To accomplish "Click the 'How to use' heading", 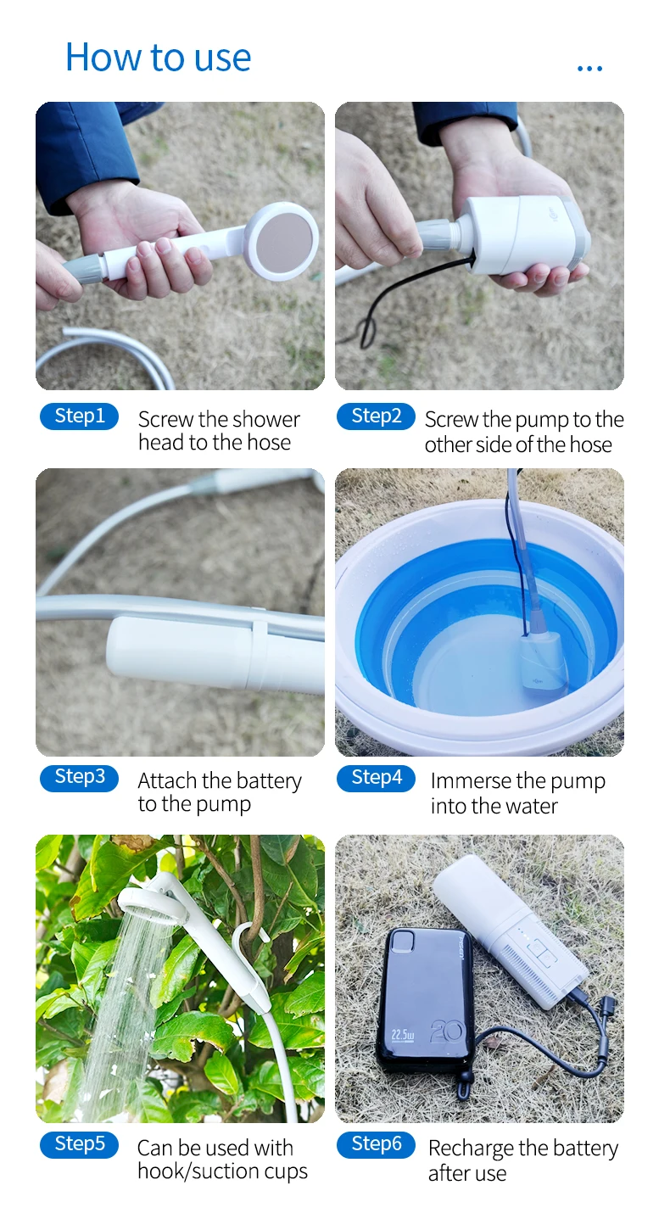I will click(x=159, y=58).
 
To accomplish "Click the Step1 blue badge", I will click(x=79, y=416).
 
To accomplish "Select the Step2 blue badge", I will click(x=376, y=416).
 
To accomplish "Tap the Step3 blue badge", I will click(x=79, y=778).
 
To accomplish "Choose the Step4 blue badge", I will click(x=376, y=778).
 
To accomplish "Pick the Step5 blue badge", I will click(x=79, y=1144).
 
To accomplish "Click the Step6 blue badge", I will click(x=376, y=1144).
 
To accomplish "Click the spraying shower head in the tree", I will click(x=153, y=903).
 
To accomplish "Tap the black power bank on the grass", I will click(x=424, y=1001).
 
